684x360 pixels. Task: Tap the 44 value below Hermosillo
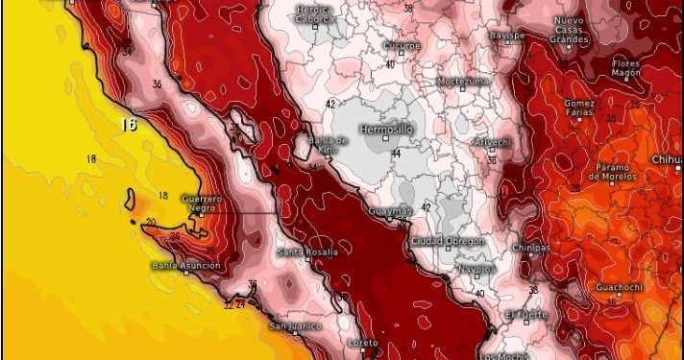coord(394,153)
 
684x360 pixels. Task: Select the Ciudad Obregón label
coord(448,241)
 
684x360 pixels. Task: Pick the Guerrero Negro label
coord(203,204)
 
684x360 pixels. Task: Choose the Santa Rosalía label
coord(307,252)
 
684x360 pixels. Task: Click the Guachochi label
coord(621,287)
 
